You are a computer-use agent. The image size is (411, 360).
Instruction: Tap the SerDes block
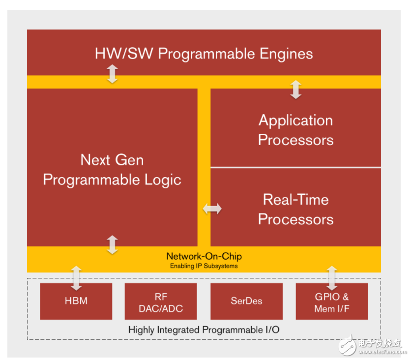pos(246,301)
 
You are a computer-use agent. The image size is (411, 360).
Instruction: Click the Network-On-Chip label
pos(204,256)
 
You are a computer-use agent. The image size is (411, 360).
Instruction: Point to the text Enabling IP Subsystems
pos(204,266)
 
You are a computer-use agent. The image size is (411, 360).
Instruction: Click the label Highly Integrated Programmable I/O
pos(204,330)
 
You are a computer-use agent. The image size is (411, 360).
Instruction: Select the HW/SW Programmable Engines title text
pos(204,54)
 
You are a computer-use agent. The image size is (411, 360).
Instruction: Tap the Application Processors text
pos(295,130)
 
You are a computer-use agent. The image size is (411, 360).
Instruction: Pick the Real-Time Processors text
pos(295,209)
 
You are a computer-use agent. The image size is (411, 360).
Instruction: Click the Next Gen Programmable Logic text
pos(112,170)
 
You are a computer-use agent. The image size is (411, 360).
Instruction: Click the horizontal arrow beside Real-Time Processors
pos(212,209)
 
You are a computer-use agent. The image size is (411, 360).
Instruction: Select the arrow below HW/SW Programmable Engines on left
pos(113,74)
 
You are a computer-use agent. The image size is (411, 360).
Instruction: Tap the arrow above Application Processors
pos(295,90)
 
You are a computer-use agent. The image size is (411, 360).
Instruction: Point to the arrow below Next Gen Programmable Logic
pos(113,244)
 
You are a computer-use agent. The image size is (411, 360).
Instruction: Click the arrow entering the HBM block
pos(76,278)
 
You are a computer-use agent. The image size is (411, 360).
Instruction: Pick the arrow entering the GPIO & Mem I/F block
pos(331,278)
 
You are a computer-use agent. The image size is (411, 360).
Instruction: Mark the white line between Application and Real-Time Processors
pos(295,167)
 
